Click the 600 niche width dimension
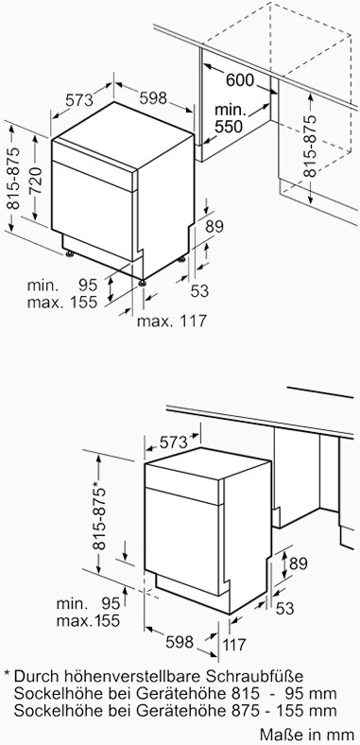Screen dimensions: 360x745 click(240, 79)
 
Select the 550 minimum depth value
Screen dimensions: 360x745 click(229, 127)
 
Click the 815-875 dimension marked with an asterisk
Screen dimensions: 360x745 click(99, 514)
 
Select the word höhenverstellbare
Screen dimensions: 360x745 click(134, 676)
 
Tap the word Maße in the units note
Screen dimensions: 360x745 click(279, 732)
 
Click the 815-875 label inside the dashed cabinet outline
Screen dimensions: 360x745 click(310, 147)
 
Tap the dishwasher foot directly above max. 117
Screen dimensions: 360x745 click(142, 283)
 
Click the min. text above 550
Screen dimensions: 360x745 click(231, 111)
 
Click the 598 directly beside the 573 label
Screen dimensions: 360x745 click(153, 98)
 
